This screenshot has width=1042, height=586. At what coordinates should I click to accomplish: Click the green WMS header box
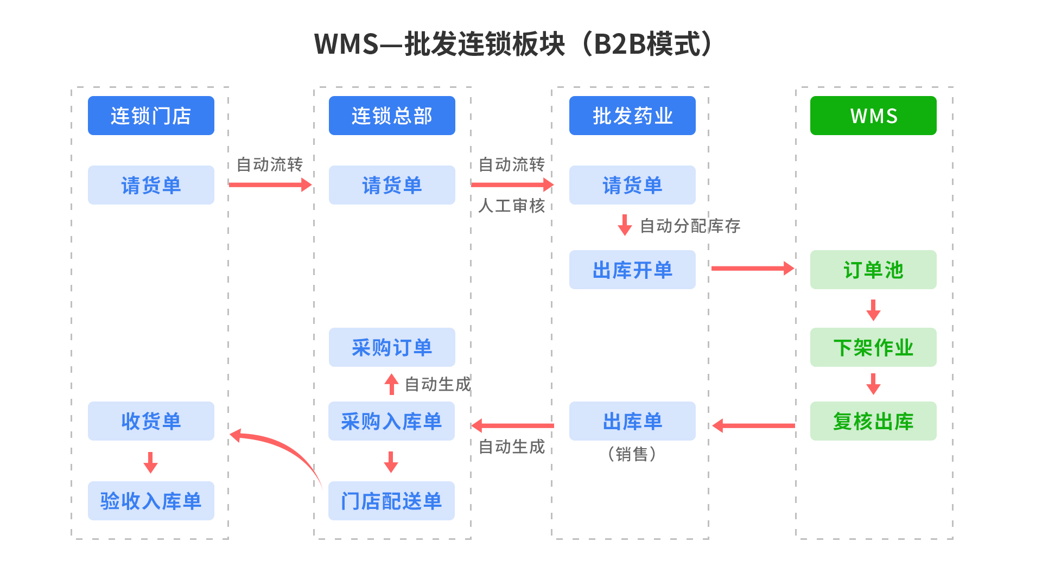click(x=873, y=116)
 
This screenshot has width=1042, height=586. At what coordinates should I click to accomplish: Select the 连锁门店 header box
click(x=151, y=116)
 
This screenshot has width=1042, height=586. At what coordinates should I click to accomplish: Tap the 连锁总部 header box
click(x=392, y=116)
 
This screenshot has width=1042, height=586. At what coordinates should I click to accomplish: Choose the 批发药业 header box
click(x=632, y=116)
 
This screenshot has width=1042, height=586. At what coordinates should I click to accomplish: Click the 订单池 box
click(x=873, y=270)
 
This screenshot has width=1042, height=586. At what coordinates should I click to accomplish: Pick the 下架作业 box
click(x=873, y=347)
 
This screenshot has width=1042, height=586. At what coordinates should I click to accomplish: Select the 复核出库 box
click(x=873, y=421)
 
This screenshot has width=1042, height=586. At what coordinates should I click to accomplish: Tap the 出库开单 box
click(x=632, y=270)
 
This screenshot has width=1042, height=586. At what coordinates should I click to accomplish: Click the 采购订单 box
click(x=392, y=347)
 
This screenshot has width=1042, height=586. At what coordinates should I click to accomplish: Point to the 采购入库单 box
click(x=391, y=421)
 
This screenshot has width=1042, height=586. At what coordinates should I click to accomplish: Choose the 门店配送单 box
click(x=391, y=501)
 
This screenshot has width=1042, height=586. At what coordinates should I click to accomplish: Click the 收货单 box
click(x=151, y=421)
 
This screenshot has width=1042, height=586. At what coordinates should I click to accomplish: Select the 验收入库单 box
click(x=151, y=501)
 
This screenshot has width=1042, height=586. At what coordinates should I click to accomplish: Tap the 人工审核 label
click(x=511, y=206)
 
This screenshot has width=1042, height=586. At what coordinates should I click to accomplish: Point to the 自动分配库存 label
click(x=690, y=226)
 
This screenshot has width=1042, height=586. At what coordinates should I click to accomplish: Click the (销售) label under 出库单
click(x=632, y=454)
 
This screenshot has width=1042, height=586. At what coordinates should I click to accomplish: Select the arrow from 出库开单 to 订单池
click(x=752, y=268)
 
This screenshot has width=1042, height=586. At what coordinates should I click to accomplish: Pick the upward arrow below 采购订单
click(x=391, y=384)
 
